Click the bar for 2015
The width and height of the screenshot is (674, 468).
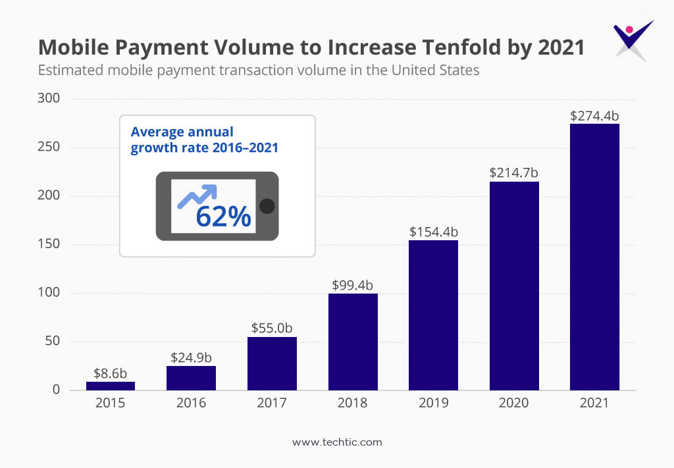[111, 386]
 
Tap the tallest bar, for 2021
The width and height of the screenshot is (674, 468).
[594, 257]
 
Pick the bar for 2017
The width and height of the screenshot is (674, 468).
[272, 363]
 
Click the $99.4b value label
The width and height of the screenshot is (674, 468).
[353, 285]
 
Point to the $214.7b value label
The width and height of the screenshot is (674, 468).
[514, 173]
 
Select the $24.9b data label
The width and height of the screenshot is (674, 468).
[191, 357]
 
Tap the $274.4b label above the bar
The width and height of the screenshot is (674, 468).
[594, 116]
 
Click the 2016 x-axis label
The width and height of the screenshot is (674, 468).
[191, 403]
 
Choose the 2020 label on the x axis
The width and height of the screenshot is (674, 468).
[514, 403]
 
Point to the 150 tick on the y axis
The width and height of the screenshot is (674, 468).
[51, 244]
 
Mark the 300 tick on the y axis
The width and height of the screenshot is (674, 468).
[51, 98]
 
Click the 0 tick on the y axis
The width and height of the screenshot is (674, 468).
[56, 390]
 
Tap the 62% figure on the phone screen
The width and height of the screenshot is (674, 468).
[223, 217]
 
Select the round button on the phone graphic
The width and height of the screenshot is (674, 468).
[267, 206]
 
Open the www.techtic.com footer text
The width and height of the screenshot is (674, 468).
[337, 442]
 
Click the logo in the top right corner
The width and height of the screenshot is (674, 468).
[632, 39]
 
